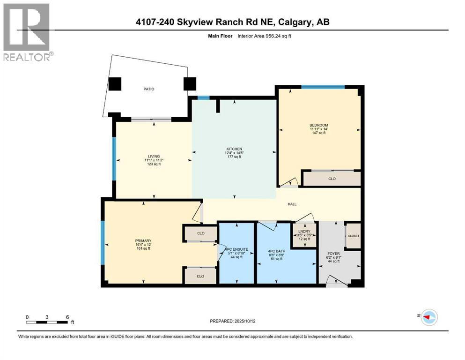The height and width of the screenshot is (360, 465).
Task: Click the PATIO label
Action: click(x=149, y=89)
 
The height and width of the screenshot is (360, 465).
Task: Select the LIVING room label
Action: click(x=154, y=156)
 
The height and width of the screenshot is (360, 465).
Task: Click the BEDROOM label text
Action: click(x=318, y=125)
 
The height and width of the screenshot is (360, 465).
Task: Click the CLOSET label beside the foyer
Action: click(x=353, y=236)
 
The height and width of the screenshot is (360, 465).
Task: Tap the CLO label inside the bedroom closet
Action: click(x=332, y=179)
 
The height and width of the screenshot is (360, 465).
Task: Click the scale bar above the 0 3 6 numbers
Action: click(x=47, y=322)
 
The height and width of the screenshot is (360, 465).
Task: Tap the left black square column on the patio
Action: click(x=115, y=84)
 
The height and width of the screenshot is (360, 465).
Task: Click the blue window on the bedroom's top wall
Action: click(x=323, y=87)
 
